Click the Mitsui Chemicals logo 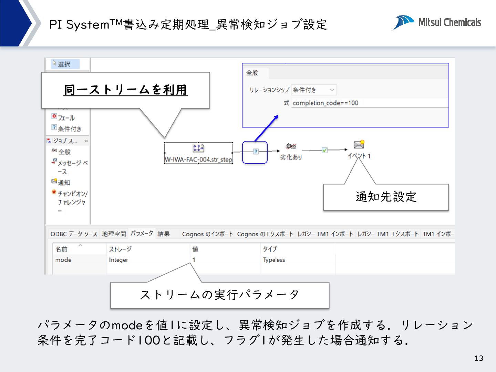coord(437,23)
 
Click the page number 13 coord(479,358)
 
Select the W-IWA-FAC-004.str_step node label coord(198,159)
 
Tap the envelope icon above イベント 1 coord(359,145)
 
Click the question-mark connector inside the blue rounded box coord(256,152)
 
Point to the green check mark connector coord(324,150)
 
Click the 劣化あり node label coord(291,157)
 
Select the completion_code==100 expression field coord(369,103)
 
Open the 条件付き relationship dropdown coord(313,90)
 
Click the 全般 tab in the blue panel coord(252,73)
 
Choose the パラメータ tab coord(142,234)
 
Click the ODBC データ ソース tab coord(74,234)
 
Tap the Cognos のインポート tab coord(207,234)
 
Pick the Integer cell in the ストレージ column coord(118,260)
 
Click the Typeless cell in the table coord(274,260)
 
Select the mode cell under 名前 coord(63,260)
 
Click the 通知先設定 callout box coord(386,197)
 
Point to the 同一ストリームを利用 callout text coord(126,90)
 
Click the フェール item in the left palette coord(66,118)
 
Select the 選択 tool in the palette coord(64,64)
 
